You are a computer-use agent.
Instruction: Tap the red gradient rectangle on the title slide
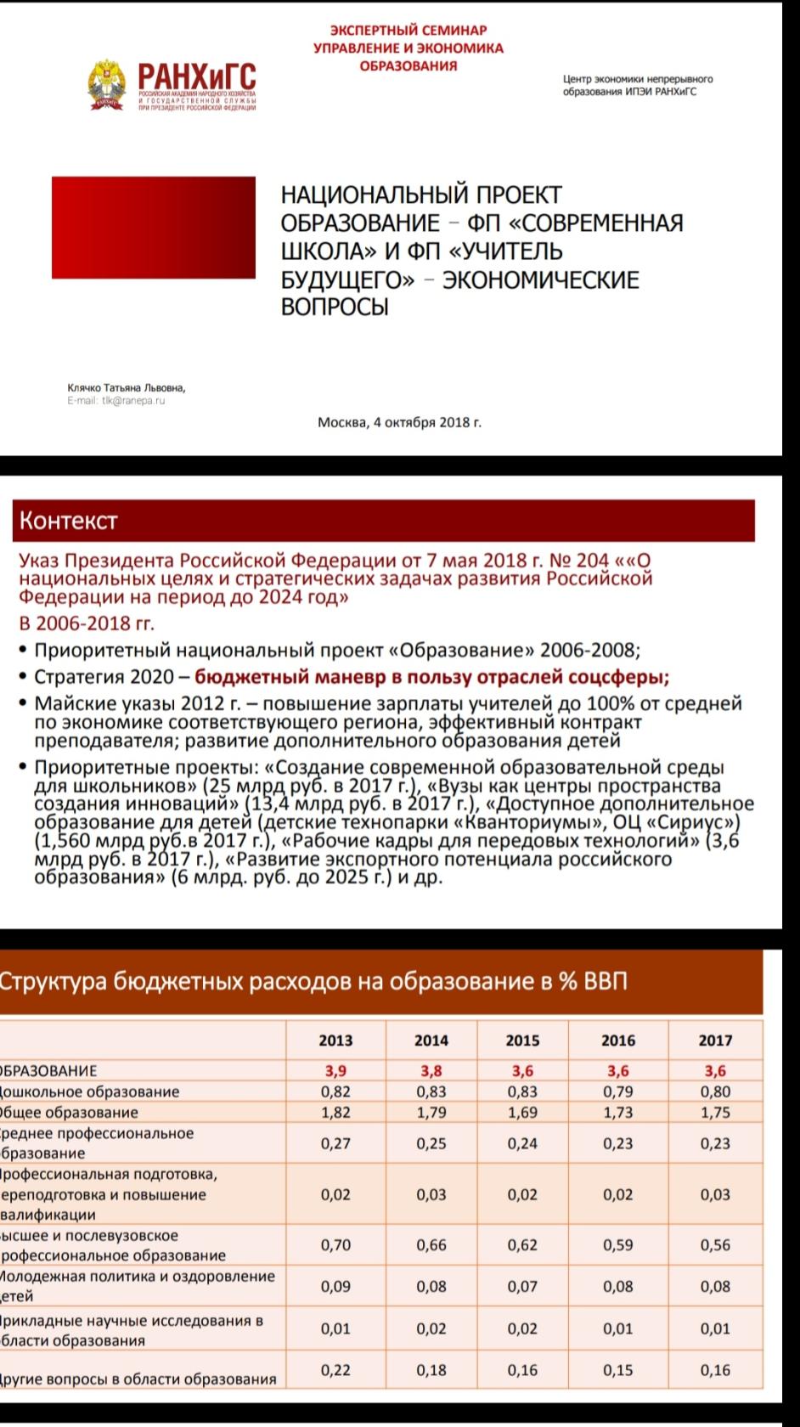[154, 228]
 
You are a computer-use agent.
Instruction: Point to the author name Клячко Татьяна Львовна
[127, 387]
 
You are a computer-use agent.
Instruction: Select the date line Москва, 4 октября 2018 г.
[399, 421]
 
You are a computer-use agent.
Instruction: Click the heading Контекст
[68, 521]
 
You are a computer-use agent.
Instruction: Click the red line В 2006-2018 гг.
[87, 623]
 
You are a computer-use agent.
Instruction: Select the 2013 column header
[335, 1041]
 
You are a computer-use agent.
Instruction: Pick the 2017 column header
[715, 1041]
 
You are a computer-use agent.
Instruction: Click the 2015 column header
[522, 1041]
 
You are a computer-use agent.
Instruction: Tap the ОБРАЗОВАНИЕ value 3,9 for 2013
[335, 1071]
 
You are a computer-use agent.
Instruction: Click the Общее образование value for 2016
[618, 1112]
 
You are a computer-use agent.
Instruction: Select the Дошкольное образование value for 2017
[715, 1091]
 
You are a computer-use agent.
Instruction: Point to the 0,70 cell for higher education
[335, 1244]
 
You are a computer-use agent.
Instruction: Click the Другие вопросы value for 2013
[335, 1369]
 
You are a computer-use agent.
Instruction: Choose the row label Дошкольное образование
[89, 1091]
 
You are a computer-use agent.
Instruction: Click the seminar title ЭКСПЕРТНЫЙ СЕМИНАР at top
[408, 31]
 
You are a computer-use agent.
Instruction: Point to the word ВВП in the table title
[606, 981]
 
